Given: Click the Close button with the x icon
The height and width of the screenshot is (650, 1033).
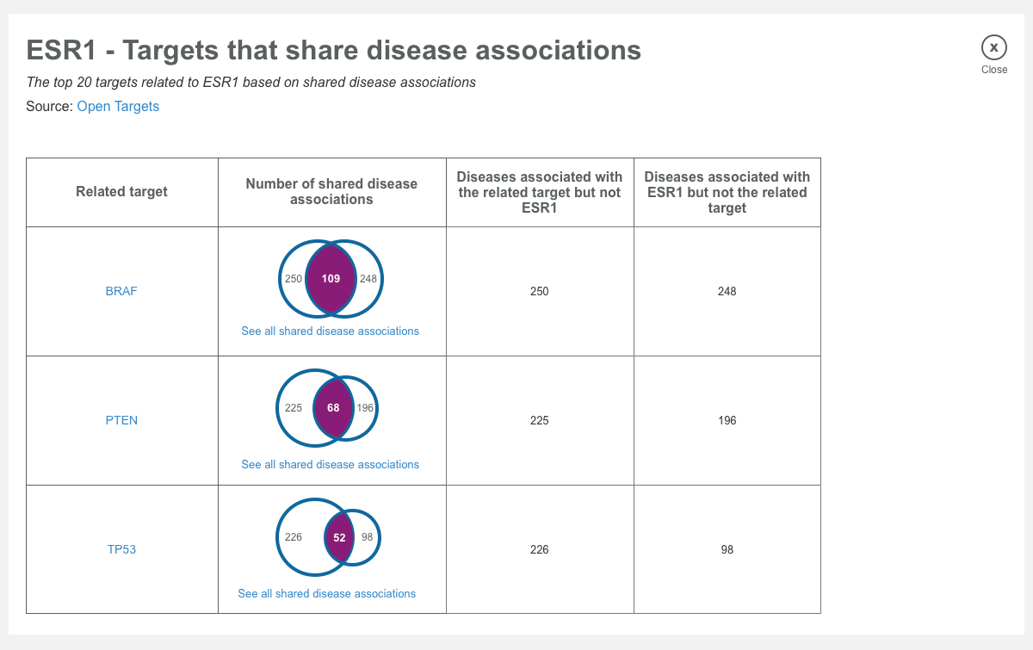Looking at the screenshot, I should pos(993,48).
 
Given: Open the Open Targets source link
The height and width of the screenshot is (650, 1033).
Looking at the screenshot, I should pos(118,107).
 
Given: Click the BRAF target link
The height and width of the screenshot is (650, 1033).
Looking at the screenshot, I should pos(121,291).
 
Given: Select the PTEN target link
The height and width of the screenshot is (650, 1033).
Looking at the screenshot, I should pos(121,420).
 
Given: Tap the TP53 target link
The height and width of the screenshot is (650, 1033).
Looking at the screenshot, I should pos(121,549).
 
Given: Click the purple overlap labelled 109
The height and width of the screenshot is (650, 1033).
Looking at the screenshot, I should pos(331,279).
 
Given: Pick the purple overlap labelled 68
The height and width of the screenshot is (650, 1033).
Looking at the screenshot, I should pos(333,408).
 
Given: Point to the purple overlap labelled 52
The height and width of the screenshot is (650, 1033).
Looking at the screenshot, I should pos(339,537).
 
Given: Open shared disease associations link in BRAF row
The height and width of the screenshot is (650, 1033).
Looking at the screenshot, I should pos(331,331).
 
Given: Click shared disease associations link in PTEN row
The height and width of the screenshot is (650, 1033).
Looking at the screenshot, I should pos(331,464).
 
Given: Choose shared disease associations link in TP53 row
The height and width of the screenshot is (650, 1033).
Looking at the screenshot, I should pos(327,593).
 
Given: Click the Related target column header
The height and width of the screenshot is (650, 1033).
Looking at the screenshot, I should pos(121,191).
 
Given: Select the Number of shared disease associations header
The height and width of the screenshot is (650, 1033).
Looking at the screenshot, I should pos(331,191).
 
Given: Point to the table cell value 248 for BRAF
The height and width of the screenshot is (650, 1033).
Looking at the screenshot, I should pos(727,291).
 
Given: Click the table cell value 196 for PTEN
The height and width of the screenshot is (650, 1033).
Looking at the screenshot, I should pos(727,420).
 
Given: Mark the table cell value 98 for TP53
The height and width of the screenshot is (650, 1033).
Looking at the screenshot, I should pos(727,549).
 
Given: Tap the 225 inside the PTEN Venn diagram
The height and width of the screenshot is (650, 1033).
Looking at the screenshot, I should pos(294,408).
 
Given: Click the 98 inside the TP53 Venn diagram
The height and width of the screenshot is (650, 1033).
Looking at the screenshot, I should pos(368,537).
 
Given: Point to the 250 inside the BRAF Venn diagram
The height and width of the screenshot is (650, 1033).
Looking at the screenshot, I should pos(294,279).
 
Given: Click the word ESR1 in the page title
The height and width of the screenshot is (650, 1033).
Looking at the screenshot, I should pos(61,50).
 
